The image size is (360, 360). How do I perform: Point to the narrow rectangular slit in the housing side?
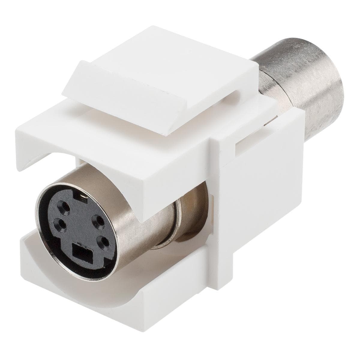point(246,142)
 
